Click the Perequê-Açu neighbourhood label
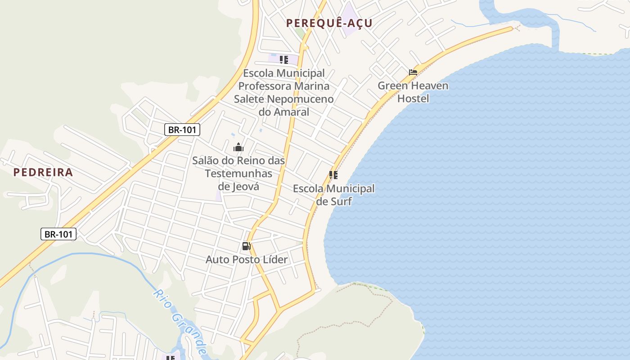[329, 23]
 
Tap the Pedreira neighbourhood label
[43, 172]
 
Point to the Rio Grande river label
[180, 322]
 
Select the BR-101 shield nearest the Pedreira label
[58, 234]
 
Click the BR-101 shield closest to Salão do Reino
[182, 130]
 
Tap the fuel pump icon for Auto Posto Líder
[246, 246]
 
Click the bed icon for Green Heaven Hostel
[413, 72]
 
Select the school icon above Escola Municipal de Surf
[333, 175]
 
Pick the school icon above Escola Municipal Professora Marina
[283, 60]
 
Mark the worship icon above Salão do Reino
[238, 147]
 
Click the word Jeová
[245, 186]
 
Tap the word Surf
[341, 201]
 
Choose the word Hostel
[413, 98]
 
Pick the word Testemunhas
[238, 173]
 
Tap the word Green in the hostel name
[392, 85]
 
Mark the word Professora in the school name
[283, 85]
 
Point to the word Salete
[249, 99]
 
